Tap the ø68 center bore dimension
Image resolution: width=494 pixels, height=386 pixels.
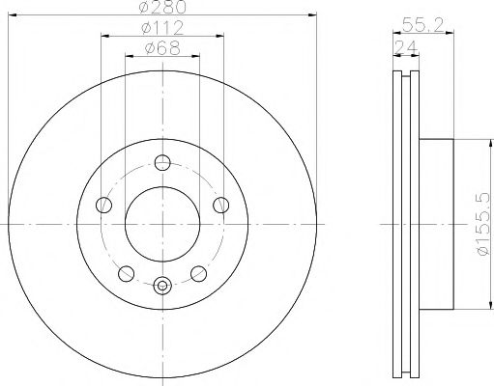[x=162, y=48]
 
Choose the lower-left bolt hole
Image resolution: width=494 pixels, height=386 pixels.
[x=126, y=272]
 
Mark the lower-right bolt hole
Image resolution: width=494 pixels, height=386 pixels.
[x=199, y=272]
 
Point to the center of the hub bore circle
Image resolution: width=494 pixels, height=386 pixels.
[x=162, y=223]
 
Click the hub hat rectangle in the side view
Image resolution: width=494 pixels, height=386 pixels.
[x=436, y=224]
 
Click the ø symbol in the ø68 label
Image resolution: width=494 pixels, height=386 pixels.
[x=146, y=48]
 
